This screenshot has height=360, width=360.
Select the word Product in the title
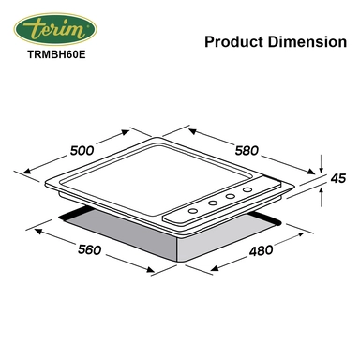(x=231, y=42)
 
